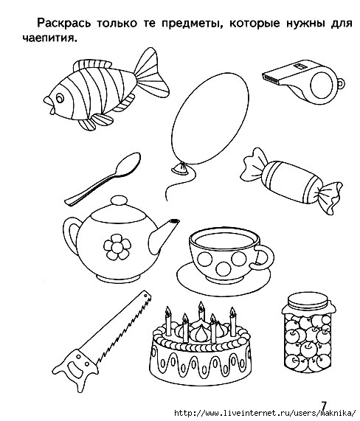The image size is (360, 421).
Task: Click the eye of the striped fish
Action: click(60, 98)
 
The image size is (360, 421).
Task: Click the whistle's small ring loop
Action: click(341, 84)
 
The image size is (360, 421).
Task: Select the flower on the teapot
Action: click(117, 247)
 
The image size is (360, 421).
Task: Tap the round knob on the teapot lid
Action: click(119, 201)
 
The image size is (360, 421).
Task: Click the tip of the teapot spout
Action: click(175, 221)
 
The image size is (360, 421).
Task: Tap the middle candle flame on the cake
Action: click(201, 306)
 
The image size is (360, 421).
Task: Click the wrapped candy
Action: click(291, 181)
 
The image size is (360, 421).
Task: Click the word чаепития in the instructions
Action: click(49, 38)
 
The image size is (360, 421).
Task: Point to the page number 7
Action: click(323, 406)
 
